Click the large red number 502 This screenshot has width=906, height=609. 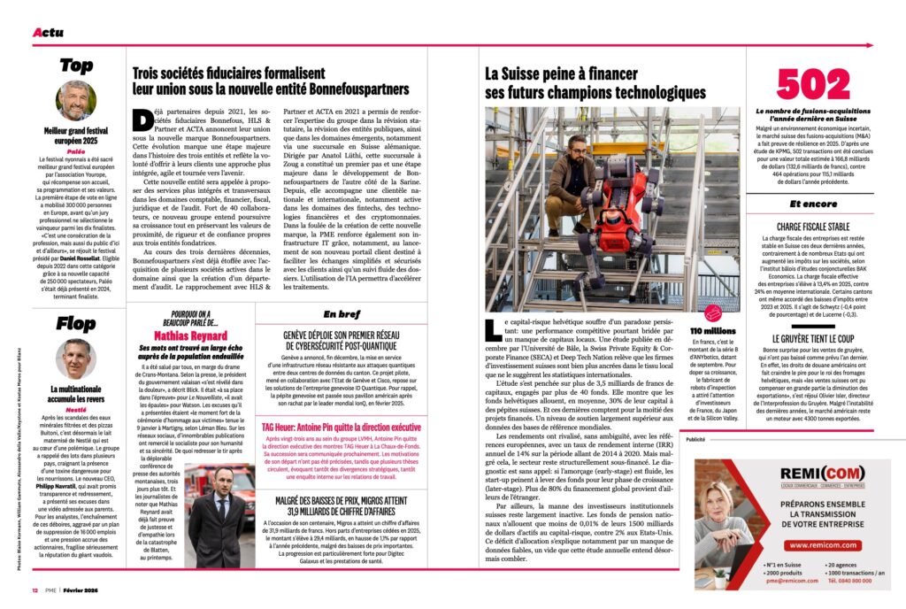pos(813,87)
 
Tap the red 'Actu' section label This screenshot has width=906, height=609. pos(48,33)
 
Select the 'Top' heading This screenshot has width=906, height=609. pos(76,66)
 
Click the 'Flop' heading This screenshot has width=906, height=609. pos(76,324)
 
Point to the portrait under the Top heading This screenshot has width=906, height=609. pos(76,100)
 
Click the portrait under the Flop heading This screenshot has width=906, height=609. pos(76,358)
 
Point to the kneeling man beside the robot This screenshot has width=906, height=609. pos(561,181)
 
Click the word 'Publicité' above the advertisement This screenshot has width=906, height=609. pos(695,438)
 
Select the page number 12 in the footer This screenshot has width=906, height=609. pos(35,590)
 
